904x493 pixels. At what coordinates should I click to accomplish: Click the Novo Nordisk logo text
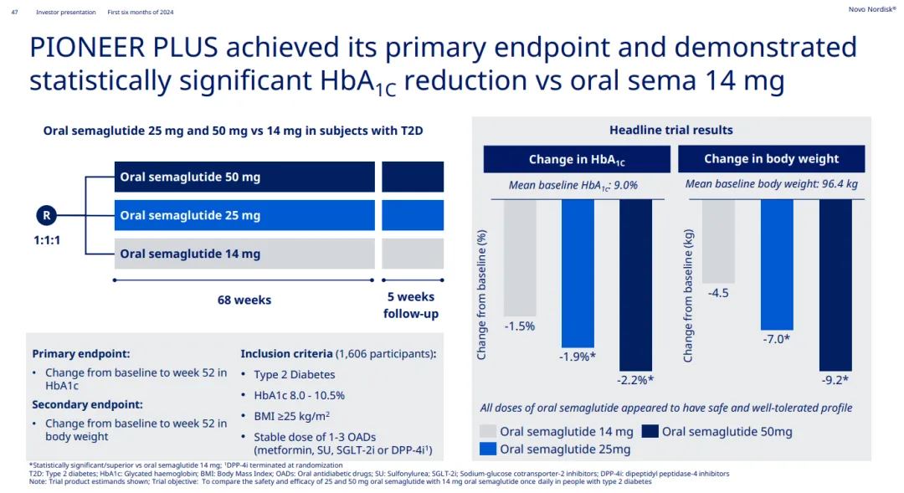tap(871, 9)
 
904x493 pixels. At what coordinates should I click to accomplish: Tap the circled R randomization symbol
tap(47, 215)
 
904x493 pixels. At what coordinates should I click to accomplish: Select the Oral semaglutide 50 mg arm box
tap(244, 177)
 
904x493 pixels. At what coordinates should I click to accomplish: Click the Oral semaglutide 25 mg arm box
tap(244, 215)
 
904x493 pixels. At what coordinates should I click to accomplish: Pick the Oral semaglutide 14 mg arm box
tap(244, 254)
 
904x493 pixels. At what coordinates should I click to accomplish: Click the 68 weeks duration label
tap(244, 300)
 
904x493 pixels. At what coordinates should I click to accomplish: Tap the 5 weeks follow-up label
tap(411, 306)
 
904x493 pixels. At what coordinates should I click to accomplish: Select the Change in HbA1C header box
tap(577, 159)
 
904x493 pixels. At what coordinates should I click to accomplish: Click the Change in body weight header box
tap(771, 159)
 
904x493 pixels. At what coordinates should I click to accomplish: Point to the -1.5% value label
tap(519, 326)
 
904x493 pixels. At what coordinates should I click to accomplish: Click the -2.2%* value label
tap(636, 380)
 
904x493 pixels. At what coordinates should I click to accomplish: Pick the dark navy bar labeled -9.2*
tap(835, 285)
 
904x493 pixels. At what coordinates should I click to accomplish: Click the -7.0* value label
tap(776, 339)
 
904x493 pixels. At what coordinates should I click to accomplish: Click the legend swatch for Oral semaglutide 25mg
tap(489, 449)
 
